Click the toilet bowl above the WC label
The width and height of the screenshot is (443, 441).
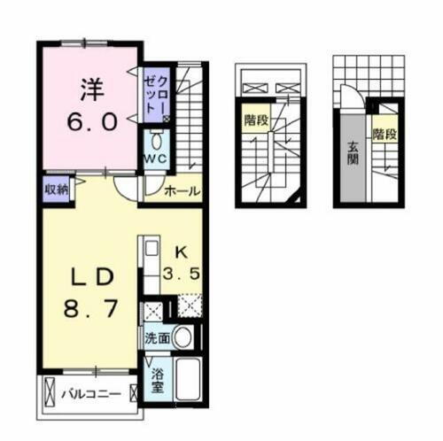pos(156,140)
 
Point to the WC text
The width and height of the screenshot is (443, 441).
pos(155,159)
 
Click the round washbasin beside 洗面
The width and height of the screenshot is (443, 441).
pos(182,337)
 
